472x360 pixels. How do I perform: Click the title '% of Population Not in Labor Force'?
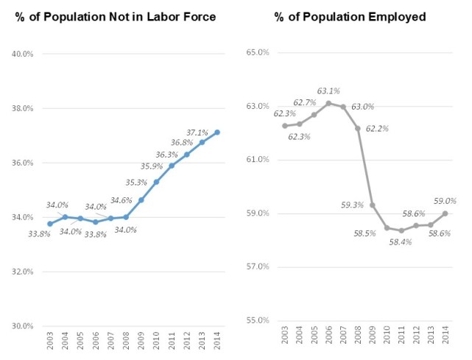tap(115, 17)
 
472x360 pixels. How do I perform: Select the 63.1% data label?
tap(328, 92)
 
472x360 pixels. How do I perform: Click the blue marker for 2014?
tap(217, 133)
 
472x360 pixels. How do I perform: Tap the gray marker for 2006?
tap(328, 103)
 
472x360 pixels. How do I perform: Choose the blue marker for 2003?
tap(49, 224)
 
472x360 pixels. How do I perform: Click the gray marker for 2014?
tap(443, 213)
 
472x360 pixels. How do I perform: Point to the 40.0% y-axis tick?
tap(22, 54)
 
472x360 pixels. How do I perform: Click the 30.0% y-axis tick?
tap(22, 325)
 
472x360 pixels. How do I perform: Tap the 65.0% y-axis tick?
tap(258, 53)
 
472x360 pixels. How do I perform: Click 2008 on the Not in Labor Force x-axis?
tap(126, 342)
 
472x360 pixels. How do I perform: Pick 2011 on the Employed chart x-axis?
tap(401, 342)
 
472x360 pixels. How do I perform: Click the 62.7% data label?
tap(305, 103)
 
